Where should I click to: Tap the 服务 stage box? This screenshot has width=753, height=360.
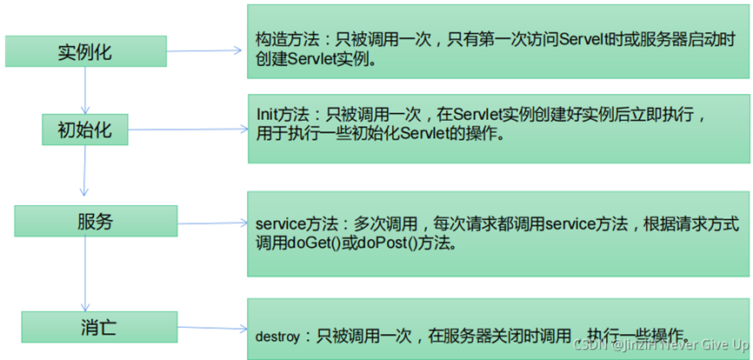96,222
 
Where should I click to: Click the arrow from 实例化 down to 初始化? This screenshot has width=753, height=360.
85,90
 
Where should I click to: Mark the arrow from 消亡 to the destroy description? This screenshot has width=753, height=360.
214,329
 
